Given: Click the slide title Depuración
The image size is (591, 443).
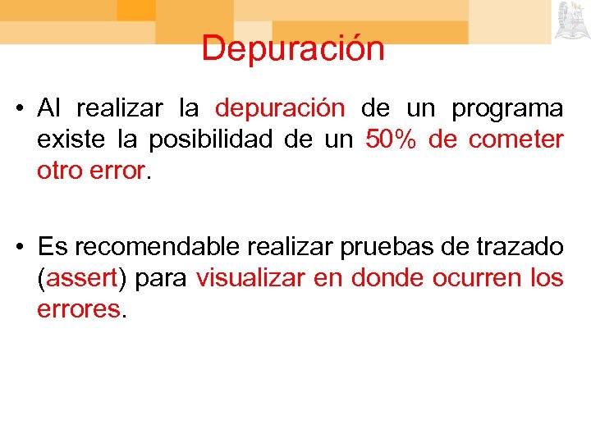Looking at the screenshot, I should pos(293,48).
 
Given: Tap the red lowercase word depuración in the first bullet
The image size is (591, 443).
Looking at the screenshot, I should pos(280,108).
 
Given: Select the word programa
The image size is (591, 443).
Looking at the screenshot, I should pos(508,108).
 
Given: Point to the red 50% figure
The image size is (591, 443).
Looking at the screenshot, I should pos(392,139).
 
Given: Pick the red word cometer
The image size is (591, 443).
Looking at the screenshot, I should pos(516,139).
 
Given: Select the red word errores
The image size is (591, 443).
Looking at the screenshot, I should pos(79,309).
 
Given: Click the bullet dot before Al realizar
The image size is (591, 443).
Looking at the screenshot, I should pos(25,109).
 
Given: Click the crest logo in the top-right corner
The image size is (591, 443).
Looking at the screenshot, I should pos(570,21).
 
